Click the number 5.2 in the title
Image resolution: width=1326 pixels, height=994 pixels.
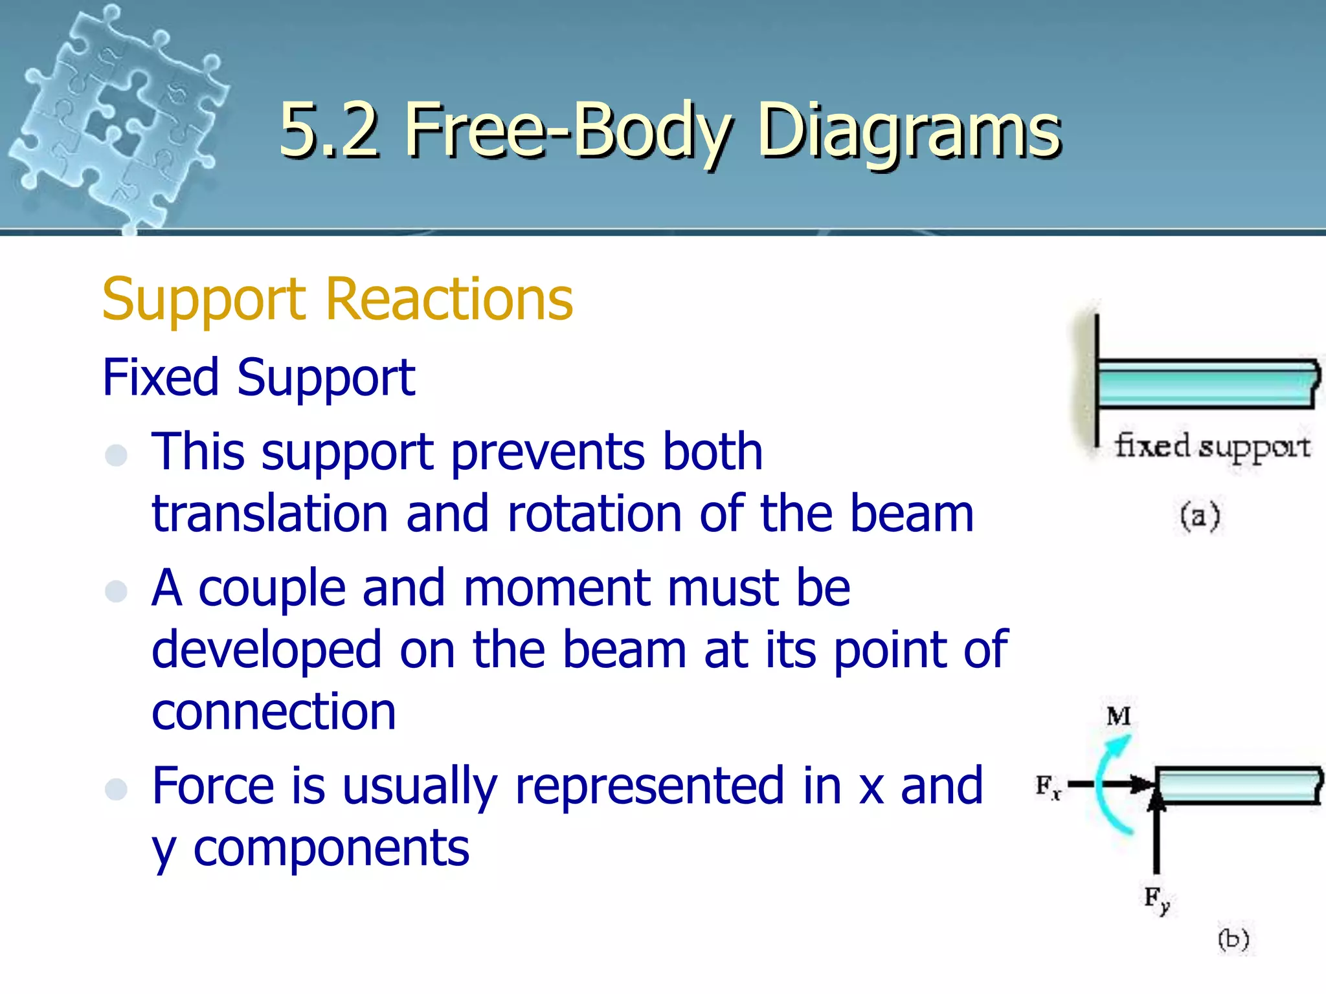click(x=329, y=131)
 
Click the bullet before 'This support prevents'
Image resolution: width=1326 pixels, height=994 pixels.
click(x=117, y=454)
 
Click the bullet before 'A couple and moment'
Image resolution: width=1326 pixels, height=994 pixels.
click(x=117, y=591)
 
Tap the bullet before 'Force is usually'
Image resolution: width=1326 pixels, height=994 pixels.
click(x=117, y=789)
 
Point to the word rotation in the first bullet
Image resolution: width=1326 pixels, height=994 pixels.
click(x=594, y=514)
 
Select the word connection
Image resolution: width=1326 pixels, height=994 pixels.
click(x=273, y=712)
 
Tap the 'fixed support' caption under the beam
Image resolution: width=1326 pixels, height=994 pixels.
click(x=1211, y=447)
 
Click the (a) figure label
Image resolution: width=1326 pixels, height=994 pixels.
click(x=1199, y=516)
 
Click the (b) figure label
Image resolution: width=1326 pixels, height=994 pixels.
click(x=1233, y=938)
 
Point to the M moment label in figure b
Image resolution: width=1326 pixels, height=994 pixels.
click(x=1118, y=716)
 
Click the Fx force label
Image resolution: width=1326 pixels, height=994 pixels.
click(x=1048, y=786)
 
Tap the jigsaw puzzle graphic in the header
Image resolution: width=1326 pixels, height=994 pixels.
click(x=117, y=116)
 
